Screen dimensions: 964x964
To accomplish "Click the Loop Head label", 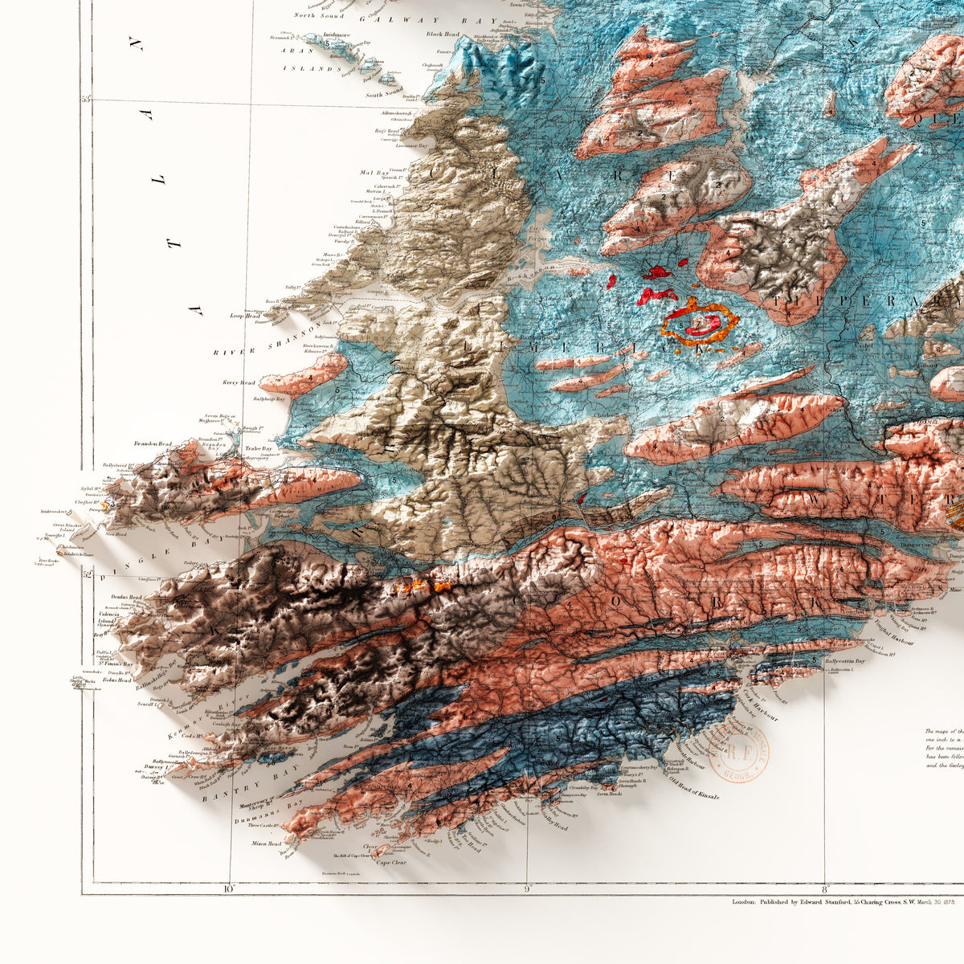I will click(x=244, y=317).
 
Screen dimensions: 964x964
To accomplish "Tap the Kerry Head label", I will click(x=240, y=383).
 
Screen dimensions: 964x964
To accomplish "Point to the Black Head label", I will click(x=443, y=34).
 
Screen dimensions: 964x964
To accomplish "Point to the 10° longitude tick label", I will click(x=228, y=888).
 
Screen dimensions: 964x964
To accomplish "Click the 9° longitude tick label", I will click(x=527, y=888).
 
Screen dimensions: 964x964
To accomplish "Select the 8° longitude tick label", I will click(x=824, y=888).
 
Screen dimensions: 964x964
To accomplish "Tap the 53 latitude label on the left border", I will click(x=86, y=100).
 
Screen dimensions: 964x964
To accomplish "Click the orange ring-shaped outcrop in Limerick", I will click(x=698, y=323).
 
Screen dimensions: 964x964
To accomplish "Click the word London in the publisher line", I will click(x=743, y=902).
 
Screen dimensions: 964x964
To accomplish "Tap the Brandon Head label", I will click(x=153, y=443).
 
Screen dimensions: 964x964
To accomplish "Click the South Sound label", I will click(x=384, y=95).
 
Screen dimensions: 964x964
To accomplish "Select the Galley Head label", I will click(x=553, y=827).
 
